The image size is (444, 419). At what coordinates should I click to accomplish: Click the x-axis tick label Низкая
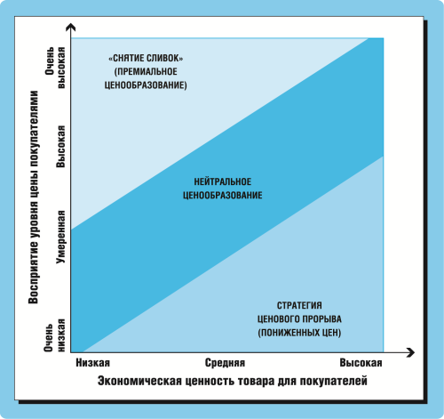click(x=93, y=363)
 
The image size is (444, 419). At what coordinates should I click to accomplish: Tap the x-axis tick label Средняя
click(x=225, y=363)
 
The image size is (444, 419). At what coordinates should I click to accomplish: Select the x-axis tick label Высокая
click(x=361, y=363)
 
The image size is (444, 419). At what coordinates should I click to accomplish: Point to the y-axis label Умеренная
click(x=60, y=237)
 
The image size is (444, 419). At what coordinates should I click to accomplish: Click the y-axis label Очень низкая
click(x=54, y=335)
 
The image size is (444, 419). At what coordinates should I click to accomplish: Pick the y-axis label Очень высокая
click(x=55, y=68)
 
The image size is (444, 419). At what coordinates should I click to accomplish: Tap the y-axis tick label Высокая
click(x=60, y=147)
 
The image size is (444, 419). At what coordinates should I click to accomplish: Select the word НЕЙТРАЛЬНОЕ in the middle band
click(x=223, y=181)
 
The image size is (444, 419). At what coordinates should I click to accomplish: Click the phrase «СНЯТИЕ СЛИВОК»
click(x=146, y=58)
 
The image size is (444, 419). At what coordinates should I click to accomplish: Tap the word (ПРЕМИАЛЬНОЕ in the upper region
click(x=146, y=72)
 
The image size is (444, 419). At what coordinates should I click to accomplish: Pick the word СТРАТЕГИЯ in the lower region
click(x=299, y=305)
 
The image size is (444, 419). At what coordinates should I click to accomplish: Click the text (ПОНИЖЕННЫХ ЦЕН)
click(x=299, y=333)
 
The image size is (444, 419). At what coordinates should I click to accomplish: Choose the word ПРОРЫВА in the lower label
click(x=322, y=319)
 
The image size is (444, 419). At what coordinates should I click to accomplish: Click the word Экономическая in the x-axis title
click(x=139, y=381)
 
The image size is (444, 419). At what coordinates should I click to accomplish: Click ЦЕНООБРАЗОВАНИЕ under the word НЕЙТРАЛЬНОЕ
click(x=223, y=195)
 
